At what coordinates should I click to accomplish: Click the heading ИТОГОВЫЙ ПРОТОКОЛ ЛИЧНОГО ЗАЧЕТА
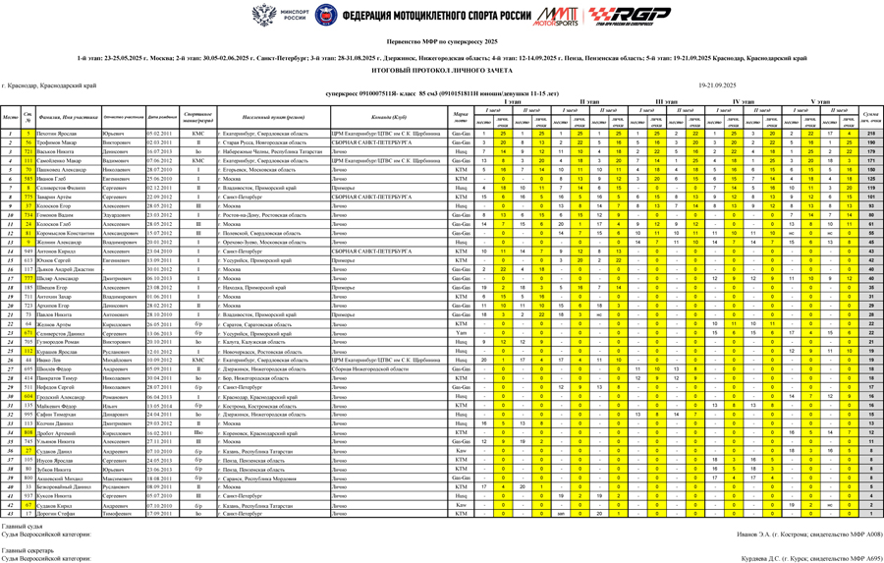click(x=441, y=71)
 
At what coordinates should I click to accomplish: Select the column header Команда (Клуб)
click(x=383, y=117)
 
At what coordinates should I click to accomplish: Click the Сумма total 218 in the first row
click(x=870, y=134)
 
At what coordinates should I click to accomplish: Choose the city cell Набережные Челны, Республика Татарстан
click(x=271, y=152)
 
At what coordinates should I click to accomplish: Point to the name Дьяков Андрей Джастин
click(x=68, y=269)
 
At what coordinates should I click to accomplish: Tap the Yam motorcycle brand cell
click(x=460, y=332)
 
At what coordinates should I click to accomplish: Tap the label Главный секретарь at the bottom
click(x=28, y=549)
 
